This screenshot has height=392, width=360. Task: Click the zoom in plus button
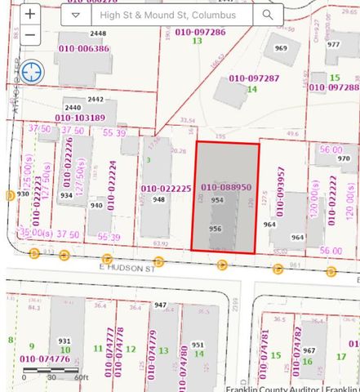pyautogui.click(x=30, y=14)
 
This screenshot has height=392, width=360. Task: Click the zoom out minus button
pyautogui.click(x=30, y=35)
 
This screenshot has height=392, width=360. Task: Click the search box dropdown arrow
pyautogui.click(x=76, y=15)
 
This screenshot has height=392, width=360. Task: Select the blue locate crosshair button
pyautogui.click(x=33, y=72)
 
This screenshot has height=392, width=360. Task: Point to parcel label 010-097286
pyautogui.click(x=197, y=31)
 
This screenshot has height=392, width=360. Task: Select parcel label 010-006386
pyautogui.click(x=81, y=48)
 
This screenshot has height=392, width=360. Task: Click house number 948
pyautogui.click(x=158, y=199)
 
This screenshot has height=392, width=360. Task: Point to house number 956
pyautogui.click(x=216, y=229)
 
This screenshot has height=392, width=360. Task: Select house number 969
pyautogui.click(x=281, y=48)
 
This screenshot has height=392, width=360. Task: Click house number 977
pyautogui.click(x=332, y=44)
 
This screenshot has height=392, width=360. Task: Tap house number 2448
pyautogui.click(x=98, y=33)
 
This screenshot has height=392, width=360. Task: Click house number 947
pyautogui.click(x=160, y=305)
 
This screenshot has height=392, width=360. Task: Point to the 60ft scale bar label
pyautogui.click(x=80, y=377)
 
